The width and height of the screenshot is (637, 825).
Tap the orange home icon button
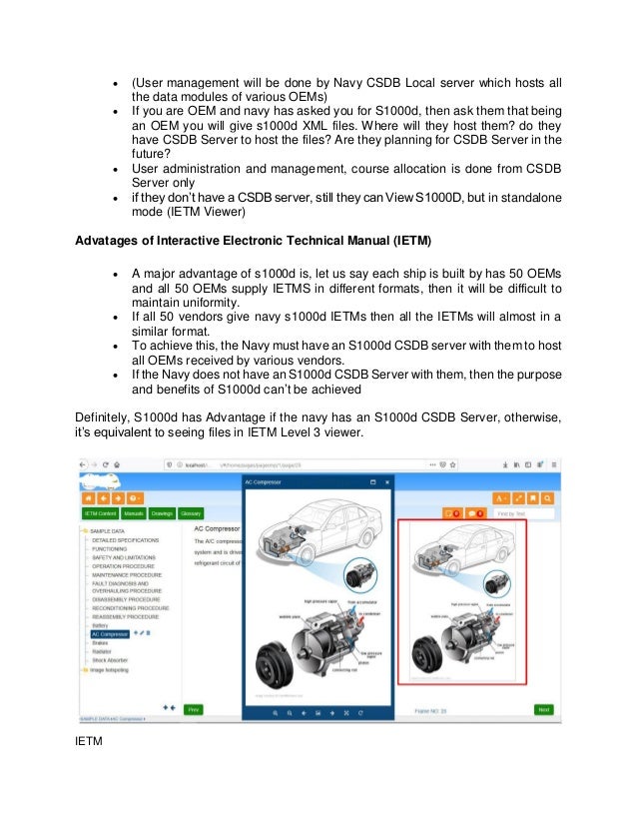(x=89, y=496)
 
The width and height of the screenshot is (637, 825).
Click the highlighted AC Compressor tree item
(x=110, y=633)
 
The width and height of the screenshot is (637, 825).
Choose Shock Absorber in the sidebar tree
(x=113, y=660)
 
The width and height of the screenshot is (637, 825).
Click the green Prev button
(x=194, y=709)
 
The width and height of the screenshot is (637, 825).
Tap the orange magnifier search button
(x=548, y=496)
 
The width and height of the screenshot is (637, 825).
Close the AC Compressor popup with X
(x=385, y=481)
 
